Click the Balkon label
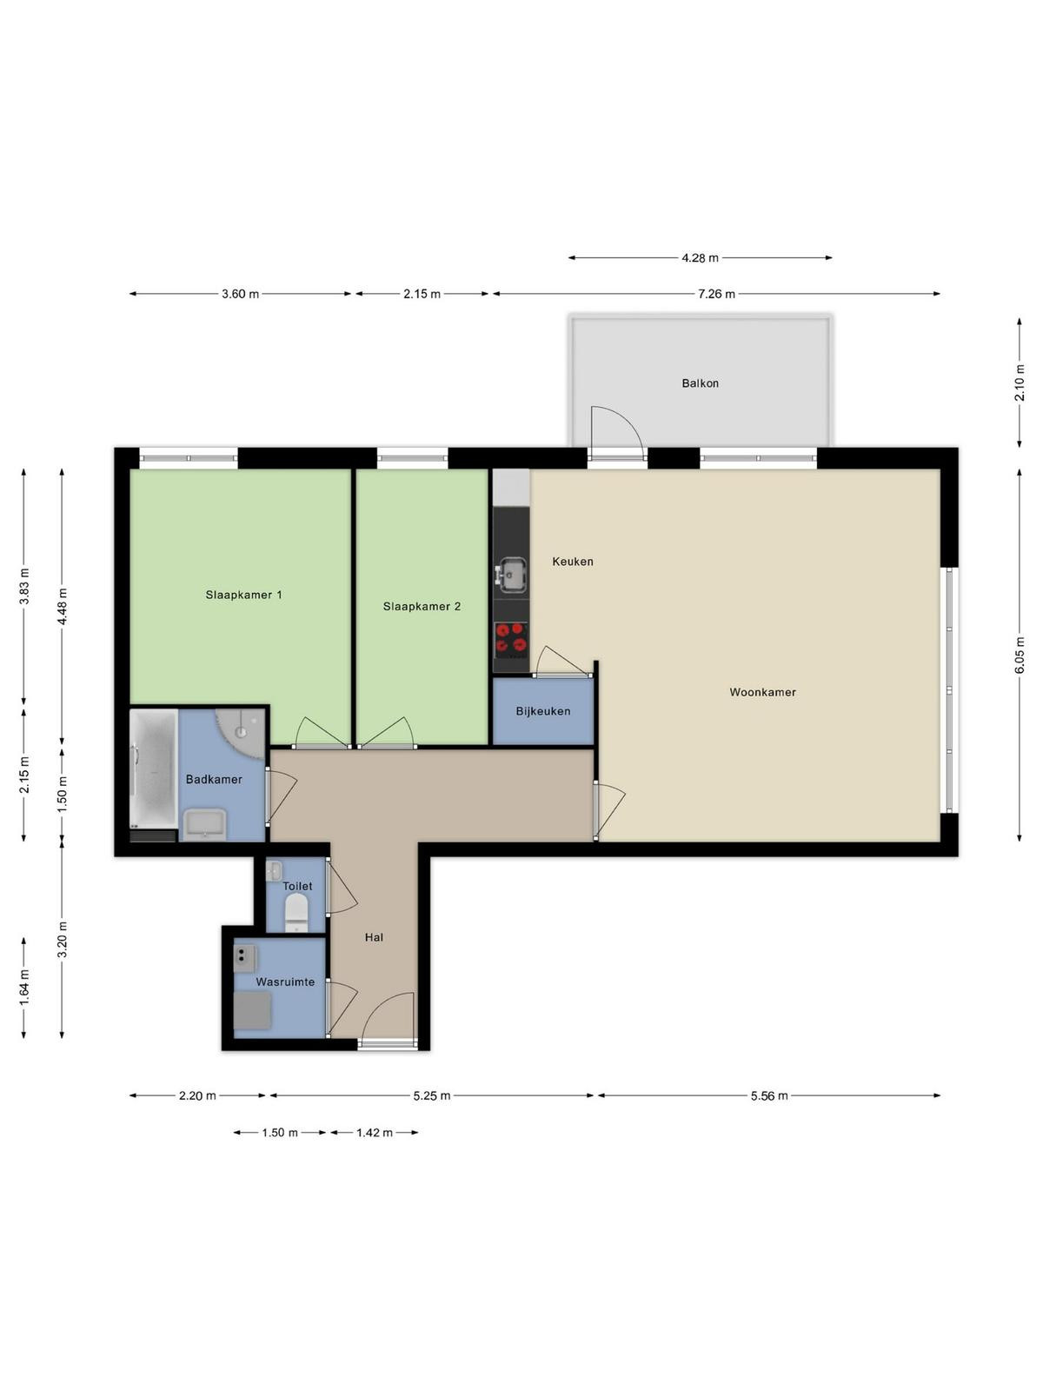point(700,383)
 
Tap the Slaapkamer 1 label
point(244,595)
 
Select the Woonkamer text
point(762,692)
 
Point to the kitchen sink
point(512,575)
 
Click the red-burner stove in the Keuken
point(511,638)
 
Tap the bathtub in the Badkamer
point(153,768)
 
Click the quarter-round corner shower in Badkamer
point(242,732)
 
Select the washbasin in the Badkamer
point(205,824)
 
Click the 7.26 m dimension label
point(716,294)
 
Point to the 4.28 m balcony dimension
point(700,258)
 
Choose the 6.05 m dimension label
point(1020,656)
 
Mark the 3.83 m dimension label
point(24,586)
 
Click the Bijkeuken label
point(542,711)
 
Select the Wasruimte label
point(285,982)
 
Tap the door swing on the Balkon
point(617,431)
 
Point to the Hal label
point(375,937)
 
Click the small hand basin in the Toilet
point(274,871)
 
